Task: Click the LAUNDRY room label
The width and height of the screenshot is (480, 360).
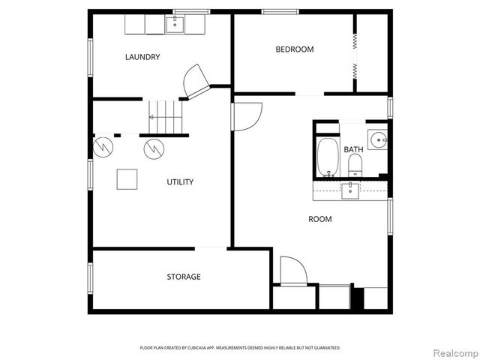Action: [x=142, y=57]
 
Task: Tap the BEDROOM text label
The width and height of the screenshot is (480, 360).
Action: [x=294, y=49]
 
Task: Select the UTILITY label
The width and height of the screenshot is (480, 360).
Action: [x=180, y=181]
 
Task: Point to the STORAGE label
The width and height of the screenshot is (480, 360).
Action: [x=183, y=277]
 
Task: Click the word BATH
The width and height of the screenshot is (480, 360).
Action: [x=353, y=150]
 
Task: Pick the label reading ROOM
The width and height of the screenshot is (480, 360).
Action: [x=320, y=219]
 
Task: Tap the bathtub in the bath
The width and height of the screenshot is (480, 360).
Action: [x=327, y=157]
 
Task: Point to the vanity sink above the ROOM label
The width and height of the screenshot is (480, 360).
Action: [x=351, y=190]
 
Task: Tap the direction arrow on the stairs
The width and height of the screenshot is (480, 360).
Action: [x=152, y=117]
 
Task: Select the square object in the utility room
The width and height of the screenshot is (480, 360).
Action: [x=127, y=180]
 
